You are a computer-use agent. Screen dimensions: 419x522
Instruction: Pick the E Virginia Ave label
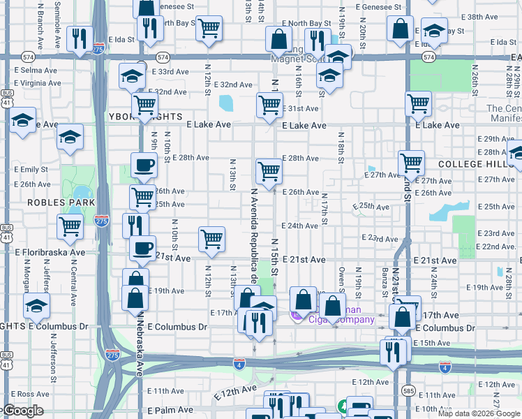click(38, 82)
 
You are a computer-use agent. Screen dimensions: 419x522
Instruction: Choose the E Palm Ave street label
click(170, 410)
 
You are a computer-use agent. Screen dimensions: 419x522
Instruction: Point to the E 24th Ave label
click(300, 226)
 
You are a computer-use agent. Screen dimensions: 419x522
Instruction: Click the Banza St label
click(385, 277)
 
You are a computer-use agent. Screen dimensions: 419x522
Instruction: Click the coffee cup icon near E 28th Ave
click(144, 165)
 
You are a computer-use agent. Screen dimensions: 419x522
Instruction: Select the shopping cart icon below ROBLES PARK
click(70, 226)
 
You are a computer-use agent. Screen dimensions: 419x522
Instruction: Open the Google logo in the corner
click(22, 411)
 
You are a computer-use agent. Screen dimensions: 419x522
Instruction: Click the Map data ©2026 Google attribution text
click(478, 413)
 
